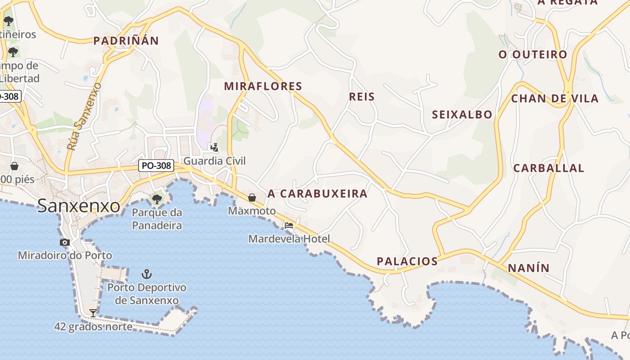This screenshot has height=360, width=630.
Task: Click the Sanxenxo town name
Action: click(79, 206)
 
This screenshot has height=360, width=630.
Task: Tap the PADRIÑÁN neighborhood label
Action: click(126, 41)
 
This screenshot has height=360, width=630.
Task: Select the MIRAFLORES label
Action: click(263, 86)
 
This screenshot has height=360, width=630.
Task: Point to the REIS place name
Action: click(362, 97)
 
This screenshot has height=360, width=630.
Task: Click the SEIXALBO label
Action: click(462, 115)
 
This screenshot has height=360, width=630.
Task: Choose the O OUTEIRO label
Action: click(533, 55)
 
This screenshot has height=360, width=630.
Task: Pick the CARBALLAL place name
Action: click(549, 168)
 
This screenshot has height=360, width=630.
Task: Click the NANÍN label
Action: click(529, 268)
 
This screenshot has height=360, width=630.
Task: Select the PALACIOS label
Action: click(407, 261)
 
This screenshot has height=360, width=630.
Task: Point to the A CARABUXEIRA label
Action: click(318, 194)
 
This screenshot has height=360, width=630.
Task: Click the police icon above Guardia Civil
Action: click(215, 147)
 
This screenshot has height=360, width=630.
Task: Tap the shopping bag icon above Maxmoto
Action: click(252, 197)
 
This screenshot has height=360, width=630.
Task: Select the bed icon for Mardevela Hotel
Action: click(289, 225)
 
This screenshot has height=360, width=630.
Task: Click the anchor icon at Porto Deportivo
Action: click(146, 274)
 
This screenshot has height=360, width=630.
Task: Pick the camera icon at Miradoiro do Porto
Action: click(65, 242)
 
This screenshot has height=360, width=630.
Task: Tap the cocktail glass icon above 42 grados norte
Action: click(93, 313)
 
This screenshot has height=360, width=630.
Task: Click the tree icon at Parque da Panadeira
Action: click(157, 198)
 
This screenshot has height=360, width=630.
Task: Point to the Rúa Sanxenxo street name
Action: click(84, 116)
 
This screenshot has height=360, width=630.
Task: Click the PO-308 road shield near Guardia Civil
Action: click(156, 166)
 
